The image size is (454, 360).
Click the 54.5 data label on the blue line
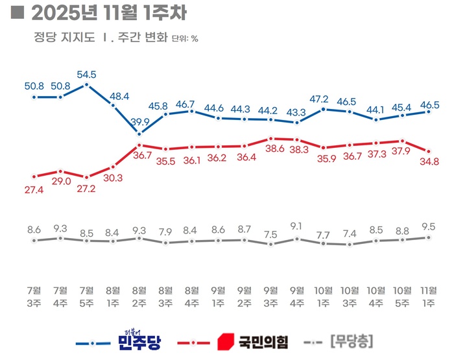88,75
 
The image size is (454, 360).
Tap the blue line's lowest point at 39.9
139,134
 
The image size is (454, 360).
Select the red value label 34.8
429,161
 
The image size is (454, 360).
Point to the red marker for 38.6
271,138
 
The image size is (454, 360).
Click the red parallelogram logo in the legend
224,340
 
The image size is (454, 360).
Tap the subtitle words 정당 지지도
63,37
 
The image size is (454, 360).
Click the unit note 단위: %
185,38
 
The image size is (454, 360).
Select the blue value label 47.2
324,99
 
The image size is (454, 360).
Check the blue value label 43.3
297,112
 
